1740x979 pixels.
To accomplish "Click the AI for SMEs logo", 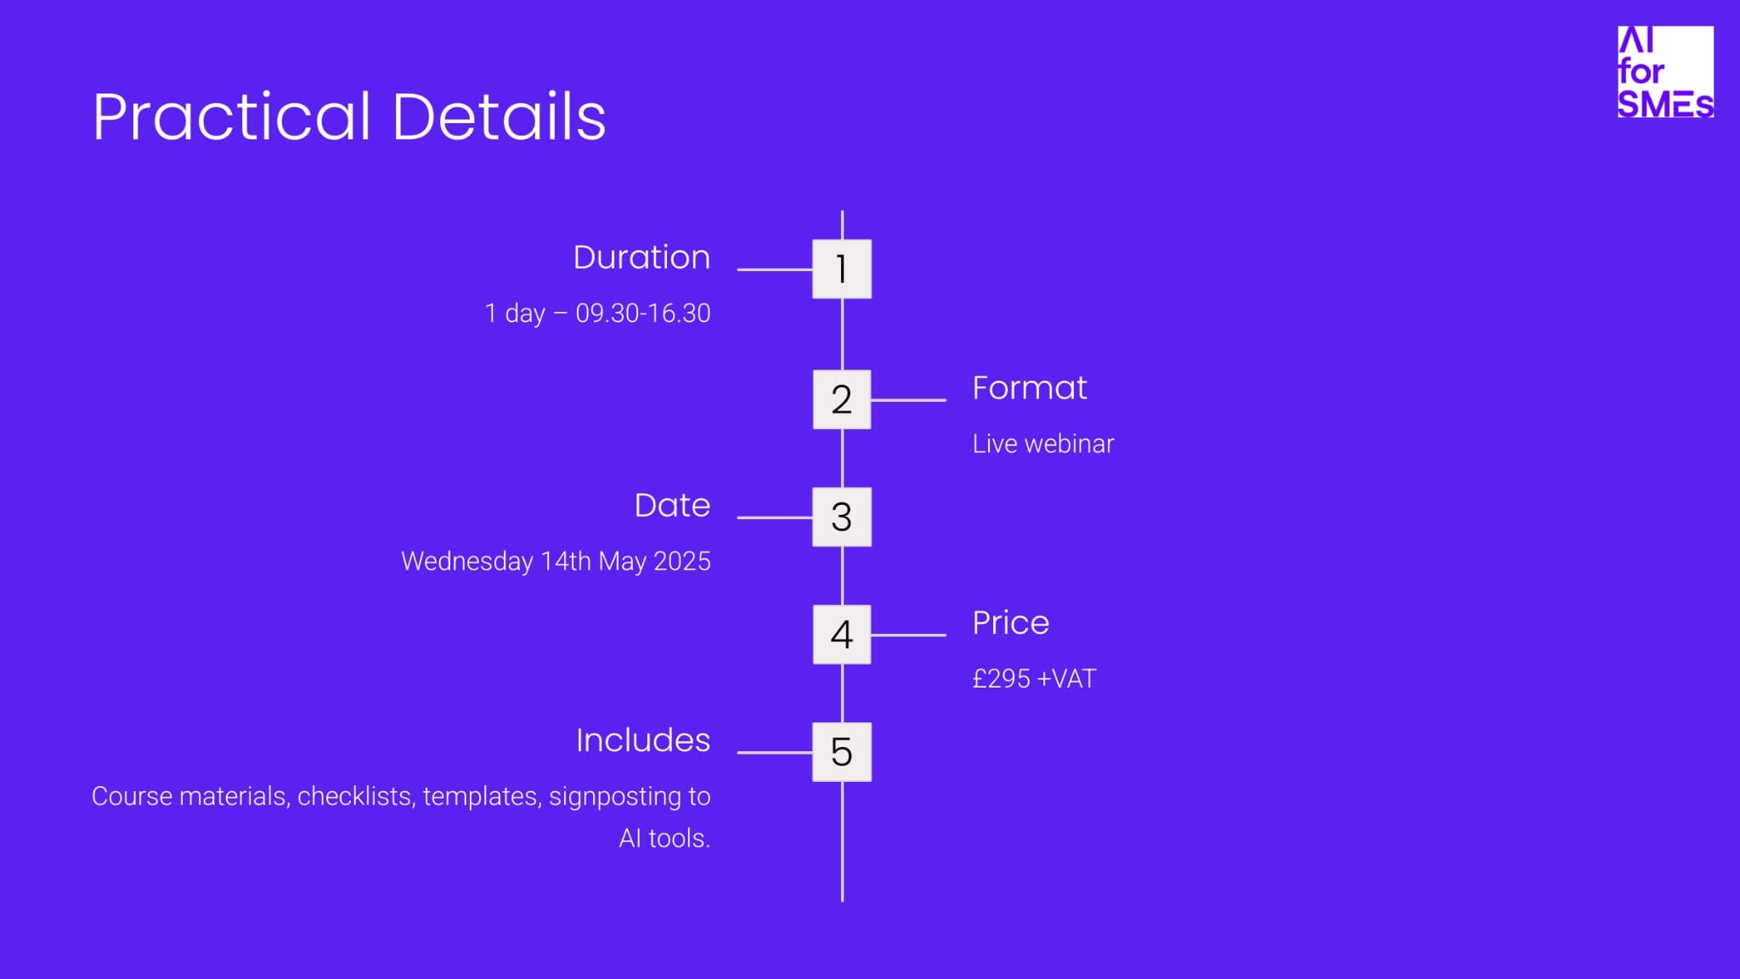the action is tap(1665, 71).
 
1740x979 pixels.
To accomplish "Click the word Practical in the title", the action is tap(232, 116).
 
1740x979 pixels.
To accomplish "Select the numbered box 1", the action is tap(842, 269).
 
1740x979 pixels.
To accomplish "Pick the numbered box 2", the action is tap(842, 399).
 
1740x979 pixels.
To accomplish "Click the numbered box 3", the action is tap(842, 517).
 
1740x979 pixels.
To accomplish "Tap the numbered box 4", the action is tap(842, 635).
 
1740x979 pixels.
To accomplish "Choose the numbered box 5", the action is tap(842, 752).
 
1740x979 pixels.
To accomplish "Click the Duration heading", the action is tap(641, 257).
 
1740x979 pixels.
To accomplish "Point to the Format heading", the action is tap(1030, 388).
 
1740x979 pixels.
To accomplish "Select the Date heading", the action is tap(672, 506).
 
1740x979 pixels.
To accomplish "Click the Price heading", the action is tap(1011, 623).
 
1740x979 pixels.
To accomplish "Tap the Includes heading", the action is tap(643, 740).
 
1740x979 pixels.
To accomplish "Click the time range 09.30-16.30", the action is tap(643, 314).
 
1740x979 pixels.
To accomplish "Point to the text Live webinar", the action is tap(1043, 444).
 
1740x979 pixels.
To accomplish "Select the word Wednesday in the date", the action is tap(467, 562).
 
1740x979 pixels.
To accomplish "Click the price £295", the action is tap(1002, 679).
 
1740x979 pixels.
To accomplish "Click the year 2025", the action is tap(682, 562).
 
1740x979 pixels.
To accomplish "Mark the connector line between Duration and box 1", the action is tap(775, 269).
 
